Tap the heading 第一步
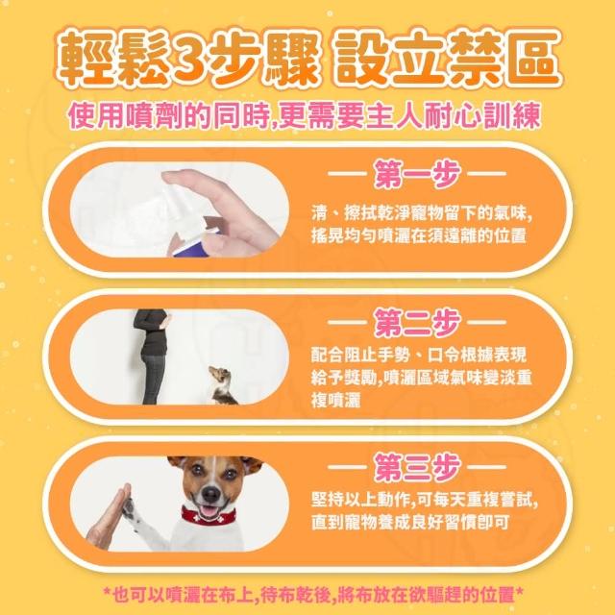(x=417, y=173)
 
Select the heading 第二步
(x=417, y=322)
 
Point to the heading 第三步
(x=417, y=467)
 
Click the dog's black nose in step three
(x=211, y=494)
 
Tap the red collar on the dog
(x=208, y=517)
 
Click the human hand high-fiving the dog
(x=109, y=516)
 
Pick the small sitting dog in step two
(x=222, y=385)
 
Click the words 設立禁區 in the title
(x=447, y=58)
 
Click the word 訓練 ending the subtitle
(x=511, y=115)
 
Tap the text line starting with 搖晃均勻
(x=419, y=235)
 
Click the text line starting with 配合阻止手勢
(x=419, y=355)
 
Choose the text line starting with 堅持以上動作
(x=425, y=500)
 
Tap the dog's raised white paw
(x=130, y=510)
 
